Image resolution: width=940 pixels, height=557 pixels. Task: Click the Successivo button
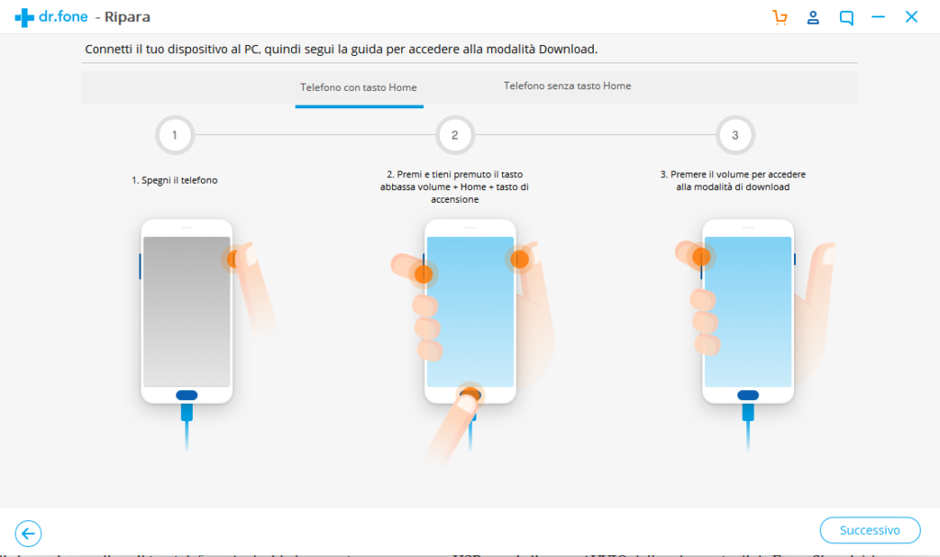(x=870, y=530)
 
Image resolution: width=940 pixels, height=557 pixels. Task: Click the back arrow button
(x=28, y=533)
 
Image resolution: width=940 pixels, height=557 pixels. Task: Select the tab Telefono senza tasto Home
(x=566, y=86)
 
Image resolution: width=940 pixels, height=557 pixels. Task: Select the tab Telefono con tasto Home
(x=358, y=88)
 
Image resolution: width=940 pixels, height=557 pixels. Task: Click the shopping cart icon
(x=780, y=17)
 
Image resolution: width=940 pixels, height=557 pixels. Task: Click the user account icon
(x=813, y=17)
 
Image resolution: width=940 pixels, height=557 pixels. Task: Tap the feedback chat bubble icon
(x=846, y=17)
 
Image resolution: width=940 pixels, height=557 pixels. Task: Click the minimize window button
(x=878, y=17)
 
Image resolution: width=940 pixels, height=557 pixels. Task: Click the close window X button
(x=912, y=17)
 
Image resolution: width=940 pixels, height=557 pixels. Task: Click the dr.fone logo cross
(x=24, y=17)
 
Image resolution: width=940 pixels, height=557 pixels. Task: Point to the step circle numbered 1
(x=174, y=136)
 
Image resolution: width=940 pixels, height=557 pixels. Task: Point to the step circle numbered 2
(x=454, y=136)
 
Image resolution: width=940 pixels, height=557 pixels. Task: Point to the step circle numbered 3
(x=734, y=136)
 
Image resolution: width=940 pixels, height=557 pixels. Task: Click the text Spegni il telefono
(x=174, y=181)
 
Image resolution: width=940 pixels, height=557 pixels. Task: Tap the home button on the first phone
(x=186, y=395)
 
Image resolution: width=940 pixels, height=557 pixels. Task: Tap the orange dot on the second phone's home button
(x=470, y=395)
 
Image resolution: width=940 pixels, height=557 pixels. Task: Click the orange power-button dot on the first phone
(x=235, y=259)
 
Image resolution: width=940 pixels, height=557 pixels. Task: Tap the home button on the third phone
(x=748, y=395)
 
